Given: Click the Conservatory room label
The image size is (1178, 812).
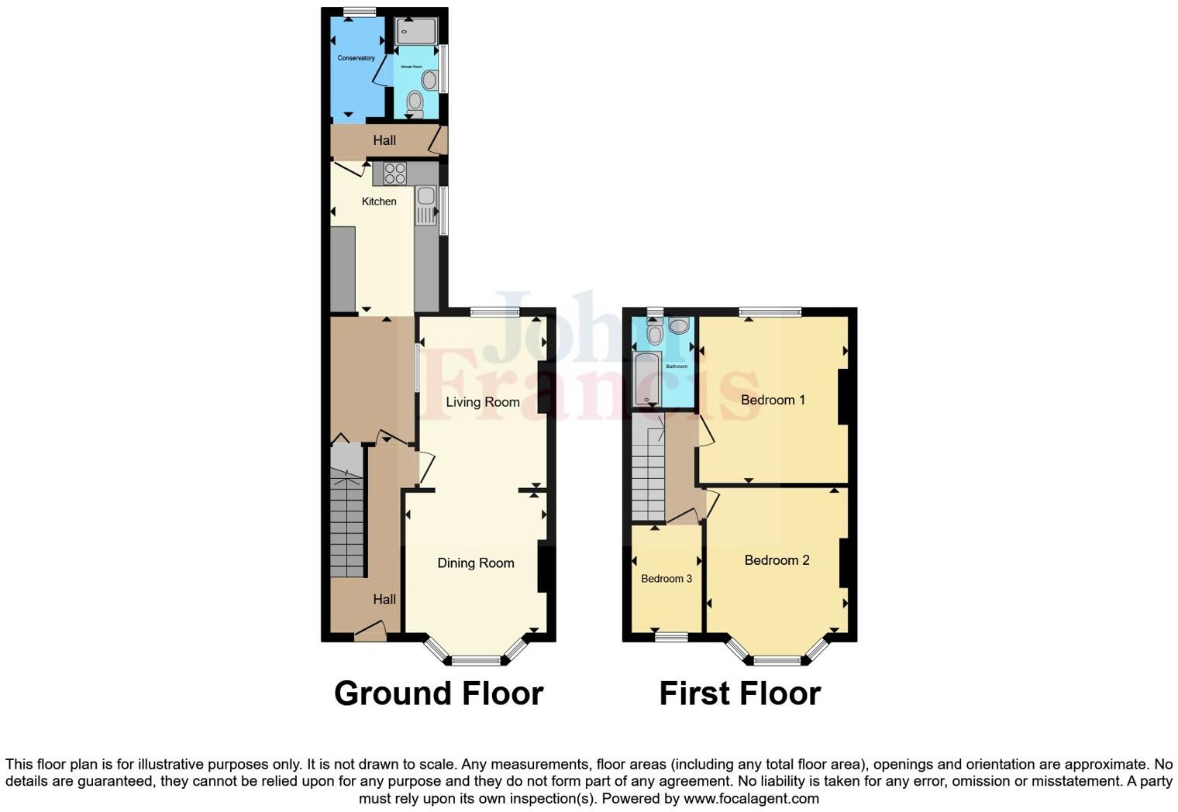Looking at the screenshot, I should pyautogui.click(x=356, y=58).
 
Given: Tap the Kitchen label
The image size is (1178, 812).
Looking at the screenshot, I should pyautogui.click(x=379, y=201).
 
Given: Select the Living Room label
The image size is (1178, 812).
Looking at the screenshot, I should pyautogui.click(x=482, y=402).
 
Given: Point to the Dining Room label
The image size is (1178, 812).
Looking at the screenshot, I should pyautogui.click(x=476, y=563).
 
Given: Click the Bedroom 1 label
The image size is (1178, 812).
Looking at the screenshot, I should pyautogui.click(x=773, y=400).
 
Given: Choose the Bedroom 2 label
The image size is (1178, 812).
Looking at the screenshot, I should pyautogui.click(x=777, y=560).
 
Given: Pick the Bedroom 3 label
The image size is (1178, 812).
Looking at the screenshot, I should pyautogui.click(x=666, y=579).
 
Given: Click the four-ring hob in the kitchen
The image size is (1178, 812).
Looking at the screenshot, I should pyautogui.click(x=394, y=174).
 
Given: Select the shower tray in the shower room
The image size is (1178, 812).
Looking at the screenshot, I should pyautogui.click(x=416, y=31).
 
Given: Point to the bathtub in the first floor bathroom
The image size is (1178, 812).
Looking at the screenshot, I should pyautogui.click(x=646, y=380).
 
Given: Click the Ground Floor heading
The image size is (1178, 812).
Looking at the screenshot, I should pyautogui.click(x=438, y=693).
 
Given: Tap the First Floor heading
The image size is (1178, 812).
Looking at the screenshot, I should pyautogui.click(x=739, y=693).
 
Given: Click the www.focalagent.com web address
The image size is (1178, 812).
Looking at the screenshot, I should pyautogui.click(x=751, y=798).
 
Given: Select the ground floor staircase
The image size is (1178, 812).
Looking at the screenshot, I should pyautogui.click(x=346, y=515).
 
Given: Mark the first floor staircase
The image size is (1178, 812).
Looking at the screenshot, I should pyautogui.click(x=648, y=469).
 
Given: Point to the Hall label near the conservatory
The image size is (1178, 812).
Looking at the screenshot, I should pyautogui.click(x=384, y=140).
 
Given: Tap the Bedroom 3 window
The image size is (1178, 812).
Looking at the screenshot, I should pyautogui.click(x=671, y=638).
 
